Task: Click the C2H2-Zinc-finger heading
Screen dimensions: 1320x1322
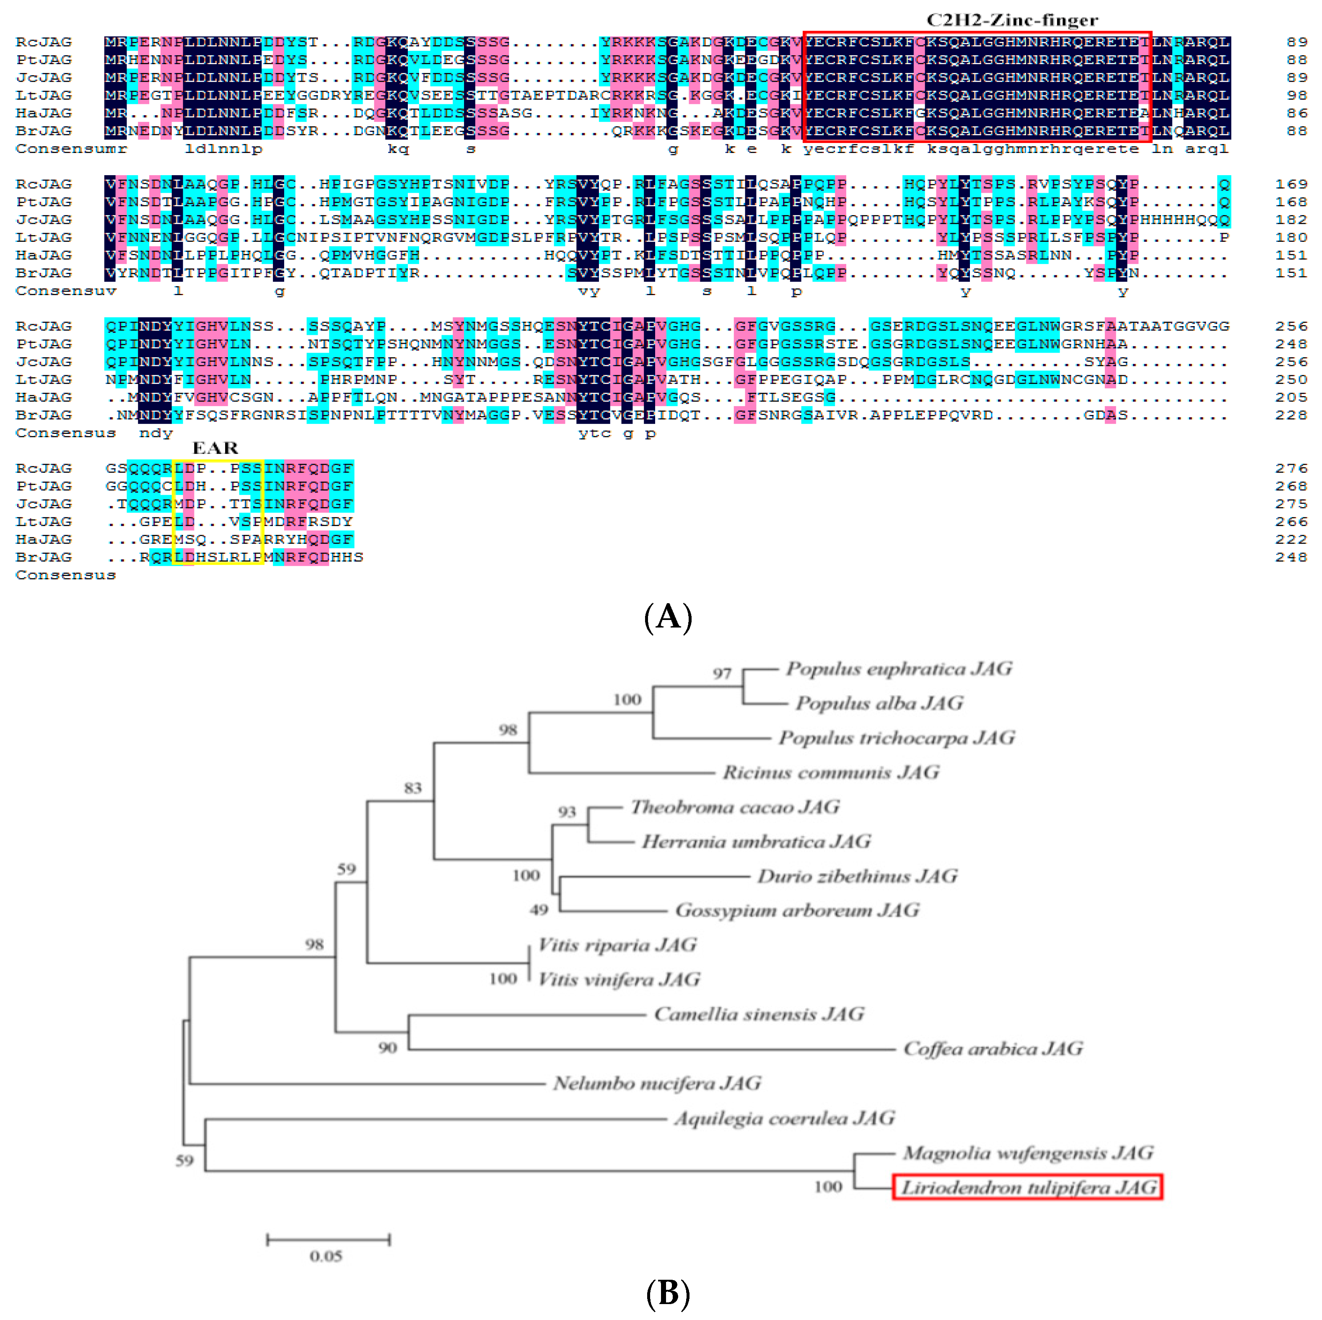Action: coord(1012,21)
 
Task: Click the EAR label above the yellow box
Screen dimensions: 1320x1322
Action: coord(215,448)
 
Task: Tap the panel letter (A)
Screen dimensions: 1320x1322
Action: coord(668,617)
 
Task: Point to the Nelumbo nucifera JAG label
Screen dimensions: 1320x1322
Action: coord(657,1083)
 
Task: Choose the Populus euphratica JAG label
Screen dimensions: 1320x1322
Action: coord(898,669)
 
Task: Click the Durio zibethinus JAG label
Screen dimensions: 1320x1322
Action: coord(857,877)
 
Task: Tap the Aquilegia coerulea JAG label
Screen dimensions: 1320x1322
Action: coord(784,1118)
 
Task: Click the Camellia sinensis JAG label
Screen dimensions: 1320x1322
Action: coord(759,1014)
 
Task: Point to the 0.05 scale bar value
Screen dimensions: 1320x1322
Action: coord(326,1256)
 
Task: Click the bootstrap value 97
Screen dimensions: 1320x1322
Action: coord(722,673)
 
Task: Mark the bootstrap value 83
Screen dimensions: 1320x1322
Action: coord(412,788)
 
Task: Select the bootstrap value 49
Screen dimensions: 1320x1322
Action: coord(539,910)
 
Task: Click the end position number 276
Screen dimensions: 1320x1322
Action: coord(1291,469)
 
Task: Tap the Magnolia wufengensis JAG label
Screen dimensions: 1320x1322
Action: coord(1028,1153)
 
